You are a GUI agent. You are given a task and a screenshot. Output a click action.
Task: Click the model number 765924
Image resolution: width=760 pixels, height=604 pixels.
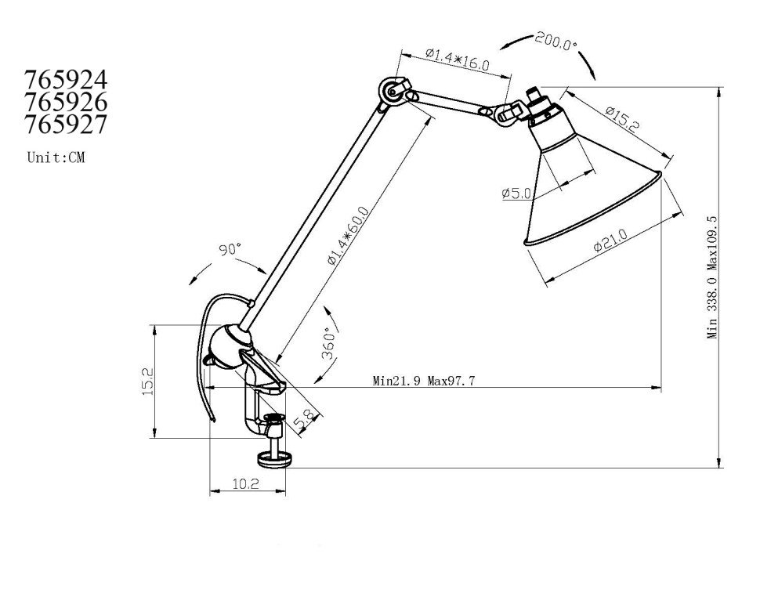(66, 80)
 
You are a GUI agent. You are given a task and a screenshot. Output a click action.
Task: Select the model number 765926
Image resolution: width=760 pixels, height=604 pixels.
(66, 102)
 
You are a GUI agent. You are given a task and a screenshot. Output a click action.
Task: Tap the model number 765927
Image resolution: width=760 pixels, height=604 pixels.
(66, 124)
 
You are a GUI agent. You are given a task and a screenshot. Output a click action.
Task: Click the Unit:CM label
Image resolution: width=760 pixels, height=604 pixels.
(56, 157)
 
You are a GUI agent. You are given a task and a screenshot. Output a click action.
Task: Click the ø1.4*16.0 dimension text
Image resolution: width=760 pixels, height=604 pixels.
(458, 60)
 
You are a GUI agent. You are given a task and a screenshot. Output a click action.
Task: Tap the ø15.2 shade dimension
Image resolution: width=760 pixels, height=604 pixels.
(624, 118)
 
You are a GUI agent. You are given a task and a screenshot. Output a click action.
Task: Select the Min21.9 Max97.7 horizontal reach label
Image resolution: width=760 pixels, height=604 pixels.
(424, 382)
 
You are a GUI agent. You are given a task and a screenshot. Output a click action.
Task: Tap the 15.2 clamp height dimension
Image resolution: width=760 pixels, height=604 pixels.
(147, 382)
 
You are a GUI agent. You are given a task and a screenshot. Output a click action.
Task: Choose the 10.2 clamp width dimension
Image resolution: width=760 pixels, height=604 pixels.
(246, 484)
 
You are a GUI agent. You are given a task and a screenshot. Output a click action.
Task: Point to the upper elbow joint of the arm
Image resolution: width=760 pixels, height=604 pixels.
(390, 93)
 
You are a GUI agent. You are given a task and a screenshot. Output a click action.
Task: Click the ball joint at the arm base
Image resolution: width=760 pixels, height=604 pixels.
(229, 346)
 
